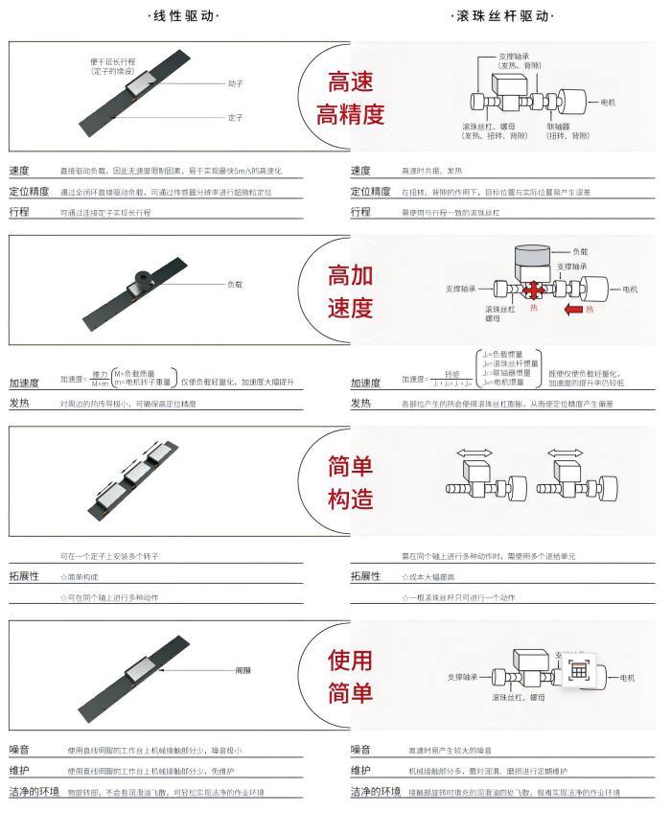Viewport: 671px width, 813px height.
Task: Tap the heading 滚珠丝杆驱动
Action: pos(503,16)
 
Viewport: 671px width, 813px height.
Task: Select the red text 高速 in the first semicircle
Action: pos(350,81)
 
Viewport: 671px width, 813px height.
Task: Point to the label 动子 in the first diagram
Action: pos(235,83)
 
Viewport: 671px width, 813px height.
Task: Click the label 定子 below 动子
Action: pos(235,118)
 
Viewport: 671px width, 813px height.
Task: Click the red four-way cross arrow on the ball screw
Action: pos(534,288)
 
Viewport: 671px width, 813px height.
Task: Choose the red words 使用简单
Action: pos(350,678)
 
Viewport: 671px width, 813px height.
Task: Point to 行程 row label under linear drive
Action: pos(19,212)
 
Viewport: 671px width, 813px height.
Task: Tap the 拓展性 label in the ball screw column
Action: pos(365,576)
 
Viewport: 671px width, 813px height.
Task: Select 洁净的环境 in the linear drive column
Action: pos(35,791)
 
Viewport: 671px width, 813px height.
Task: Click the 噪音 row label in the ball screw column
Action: pos(360,749)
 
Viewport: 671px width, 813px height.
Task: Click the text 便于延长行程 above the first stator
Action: pos(115,61)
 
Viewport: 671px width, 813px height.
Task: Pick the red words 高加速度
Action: pos(350,293)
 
